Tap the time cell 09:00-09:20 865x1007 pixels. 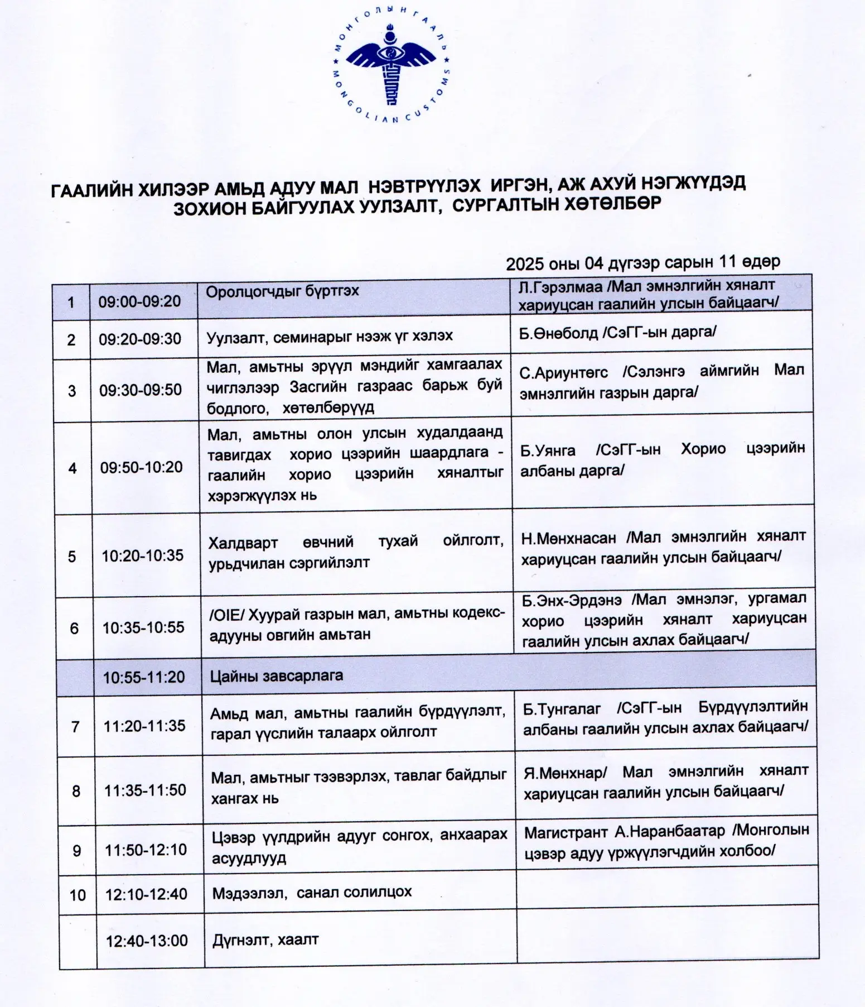(x=139, y=301)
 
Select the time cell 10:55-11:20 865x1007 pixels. (x=144, y=677)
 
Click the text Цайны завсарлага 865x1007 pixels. (x=276, y=676)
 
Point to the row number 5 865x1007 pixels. (x=72, y=557)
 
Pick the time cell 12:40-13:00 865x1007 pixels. (x=147, y=941)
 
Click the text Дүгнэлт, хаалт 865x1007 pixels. (x=265, y=939)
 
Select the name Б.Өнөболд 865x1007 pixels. (x=558, y=333)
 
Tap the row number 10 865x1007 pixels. (x=78, y=895)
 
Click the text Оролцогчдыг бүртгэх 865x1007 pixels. (x=282, y=291)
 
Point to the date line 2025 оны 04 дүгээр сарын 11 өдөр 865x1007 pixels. (x=642, y=262)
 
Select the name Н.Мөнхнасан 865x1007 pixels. (x=568, y=538)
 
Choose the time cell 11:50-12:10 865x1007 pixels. (x=146, y=850)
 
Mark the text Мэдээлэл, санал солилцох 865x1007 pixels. (x=312, y=893)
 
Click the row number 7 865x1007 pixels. (x=75, y=727)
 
